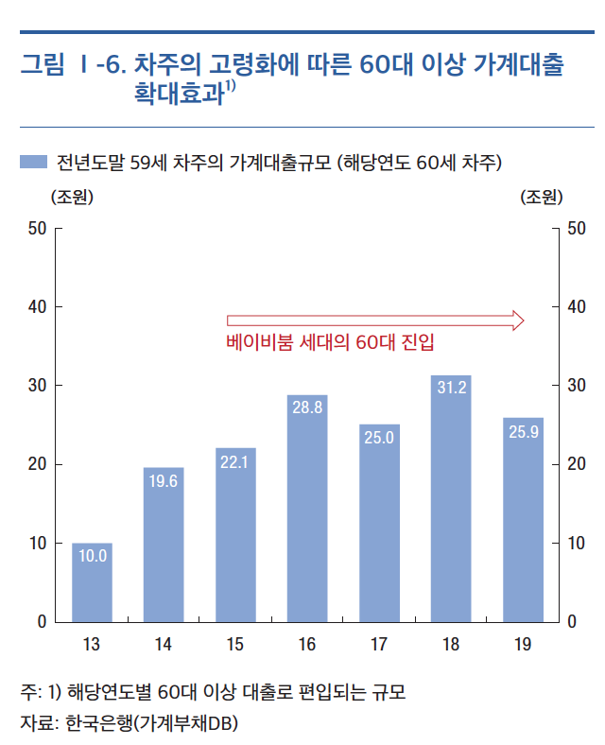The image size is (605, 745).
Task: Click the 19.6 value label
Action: [x=164, y=481]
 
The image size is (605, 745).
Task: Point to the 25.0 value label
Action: [x=379, y=438]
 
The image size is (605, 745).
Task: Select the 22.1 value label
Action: [x=235, y=461]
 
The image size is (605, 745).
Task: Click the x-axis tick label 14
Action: [x=164, y=645]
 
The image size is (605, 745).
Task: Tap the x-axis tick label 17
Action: [x=379, y=645]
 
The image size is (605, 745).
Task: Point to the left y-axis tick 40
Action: [x=41, y=307]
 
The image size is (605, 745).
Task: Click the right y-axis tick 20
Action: [x=576, y=464]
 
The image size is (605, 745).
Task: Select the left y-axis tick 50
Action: [x=41, y=229]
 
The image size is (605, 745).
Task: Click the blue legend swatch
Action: [x=32, y=162]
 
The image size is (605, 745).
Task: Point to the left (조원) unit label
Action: [x=71, y=198]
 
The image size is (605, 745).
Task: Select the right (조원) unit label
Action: [x=542, y=198]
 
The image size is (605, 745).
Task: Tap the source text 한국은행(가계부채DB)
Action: [x=152, y=723]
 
